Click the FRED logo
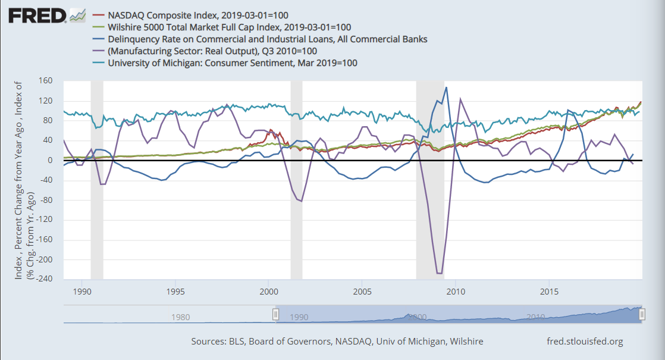(x=37, y=15)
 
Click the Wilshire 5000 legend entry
(x=229, y=27)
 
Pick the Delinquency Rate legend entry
(x=268, y=39)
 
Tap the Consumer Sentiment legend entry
(x=232, y=63)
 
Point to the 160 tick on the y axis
(x=46, y=81)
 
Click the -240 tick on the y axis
(x=44, y=280)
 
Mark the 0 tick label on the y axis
(x=50, y=161)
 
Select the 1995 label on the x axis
(x=175, y=292)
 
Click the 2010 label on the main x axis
(x=456, y=292)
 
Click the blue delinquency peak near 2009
(x=446, y=87)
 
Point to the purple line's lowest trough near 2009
(x=439, y=273)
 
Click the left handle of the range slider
(x=275, y=315)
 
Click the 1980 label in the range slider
(x=180, y=317)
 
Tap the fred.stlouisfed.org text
(x=585, y=342)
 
